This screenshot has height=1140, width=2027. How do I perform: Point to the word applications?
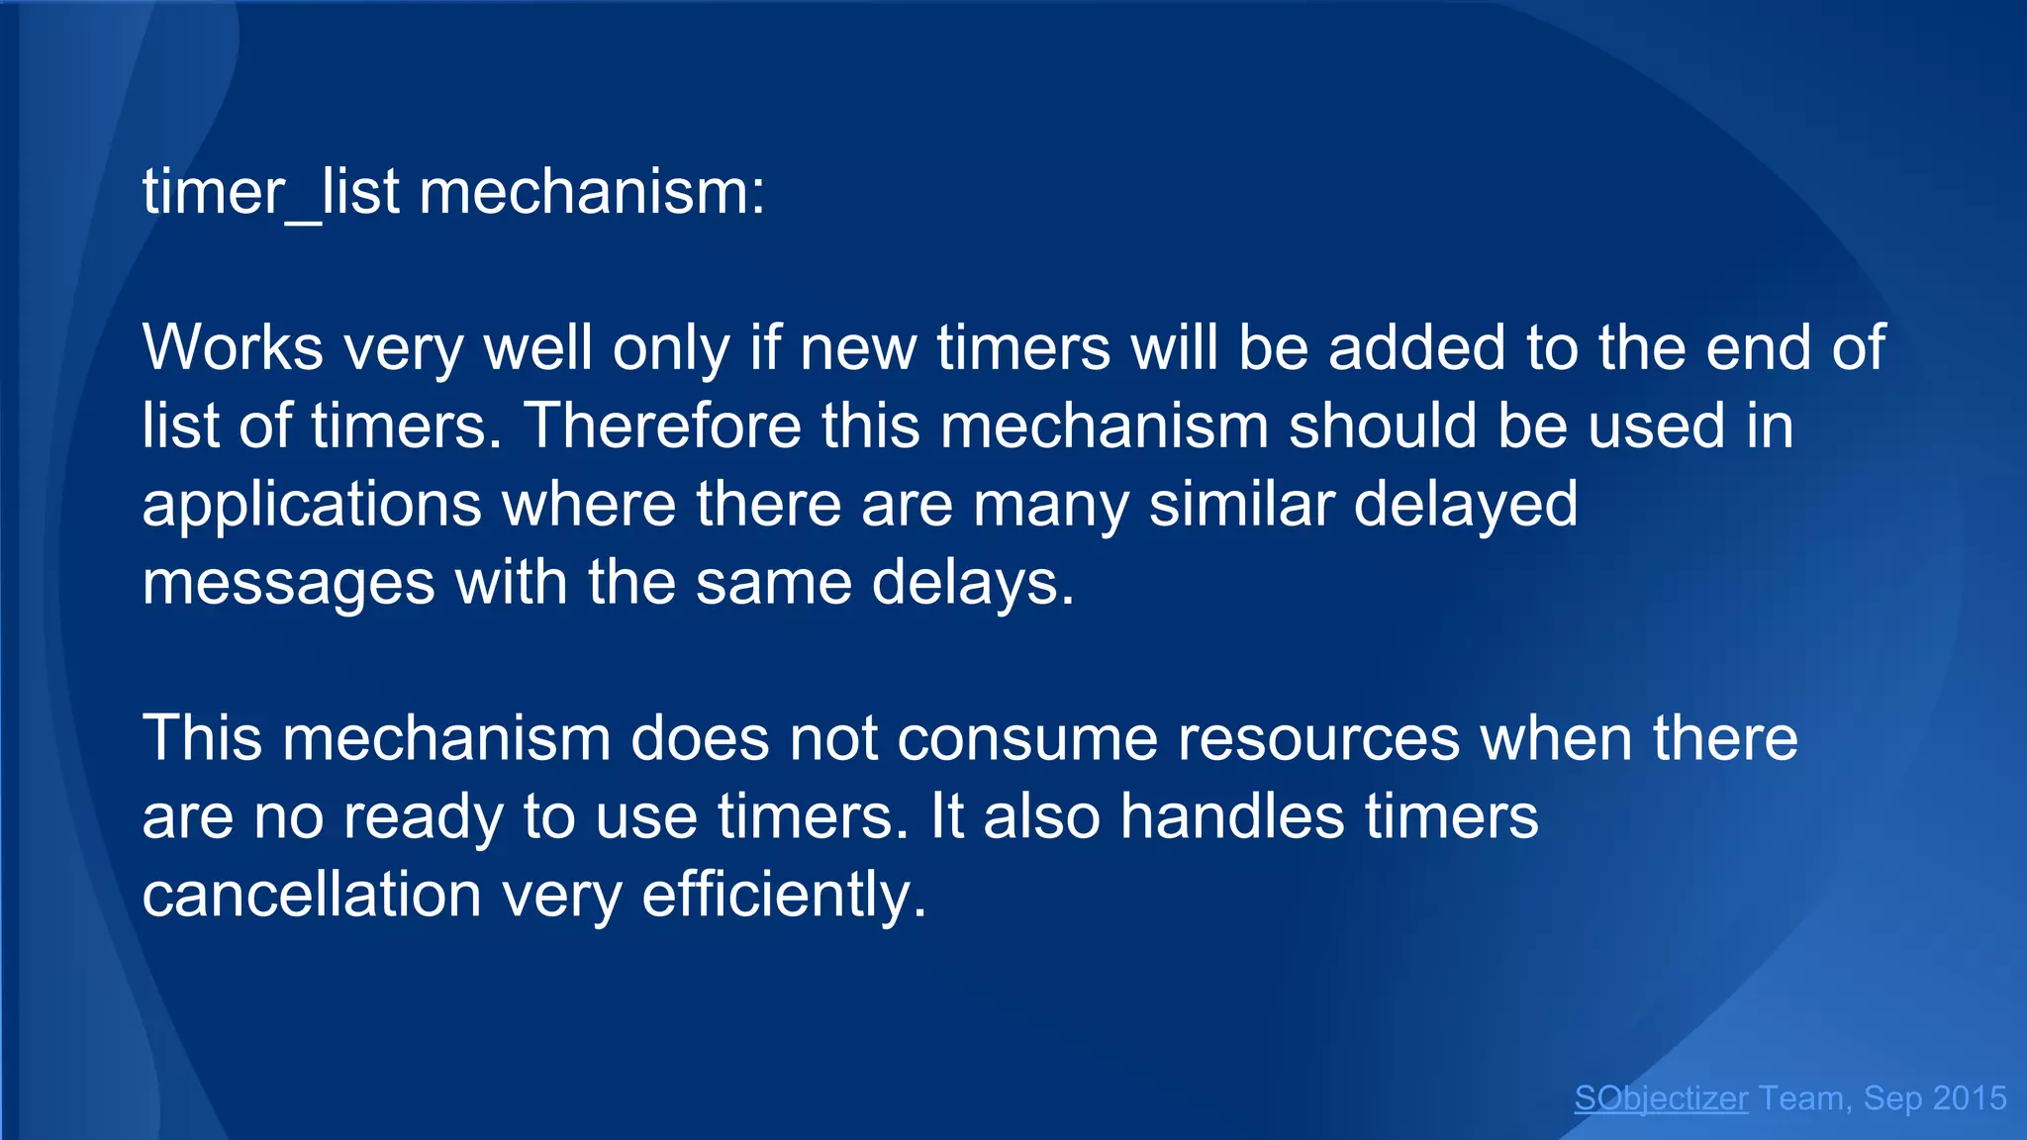click(312, 505)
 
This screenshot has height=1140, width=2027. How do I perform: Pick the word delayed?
click(1465, 505)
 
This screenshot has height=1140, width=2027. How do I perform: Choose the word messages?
click(288, 583)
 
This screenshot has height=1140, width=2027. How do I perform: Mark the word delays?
click(972, 583)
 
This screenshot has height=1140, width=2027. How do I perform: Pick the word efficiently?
click(784, 896)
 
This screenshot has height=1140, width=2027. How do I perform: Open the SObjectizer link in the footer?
click(1661, 1097)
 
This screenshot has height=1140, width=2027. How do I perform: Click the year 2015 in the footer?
click(1970, 1097)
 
